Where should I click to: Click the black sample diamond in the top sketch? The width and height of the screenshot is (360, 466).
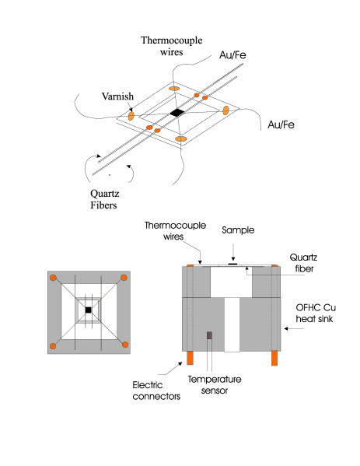[177, 113]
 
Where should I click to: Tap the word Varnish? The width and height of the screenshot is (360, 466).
[117, 96]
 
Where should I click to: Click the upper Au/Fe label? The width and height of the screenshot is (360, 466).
[232, 55]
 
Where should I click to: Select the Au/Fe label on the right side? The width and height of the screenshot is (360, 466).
[281, 124]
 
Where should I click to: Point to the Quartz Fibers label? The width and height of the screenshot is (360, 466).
[104, 199]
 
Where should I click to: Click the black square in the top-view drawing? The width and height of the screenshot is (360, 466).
[88, 310]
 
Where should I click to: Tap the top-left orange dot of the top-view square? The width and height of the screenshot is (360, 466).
[53, 278]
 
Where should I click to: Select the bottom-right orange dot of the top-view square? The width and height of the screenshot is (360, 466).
[125, 345]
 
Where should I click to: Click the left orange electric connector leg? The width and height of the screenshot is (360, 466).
[190, 358]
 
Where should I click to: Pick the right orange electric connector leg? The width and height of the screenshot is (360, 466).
[274, 358]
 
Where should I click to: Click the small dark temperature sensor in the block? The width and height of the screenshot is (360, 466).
[209, 335]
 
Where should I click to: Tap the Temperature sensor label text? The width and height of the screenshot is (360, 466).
[215, 385]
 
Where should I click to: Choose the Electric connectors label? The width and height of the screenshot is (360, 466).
[156, 391]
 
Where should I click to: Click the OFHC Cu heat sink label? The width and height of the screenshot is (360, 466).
[316, 313]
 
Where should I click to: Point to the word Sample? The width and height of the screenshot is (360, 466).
[238, 230]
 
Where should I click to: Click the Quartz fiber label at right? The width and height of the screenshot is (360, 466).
[303, 263]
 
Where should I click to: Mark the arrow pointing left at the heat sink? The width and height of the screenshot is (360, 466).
[293, 328]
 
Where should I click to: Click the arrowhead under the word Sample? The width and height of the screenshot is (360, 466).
[233, 259]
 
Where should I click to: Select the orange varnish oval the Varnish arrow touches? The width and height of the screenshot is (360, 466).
[131, 116]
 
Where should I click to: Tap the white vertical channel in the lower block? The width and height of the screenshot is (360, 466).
[232, 324]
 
